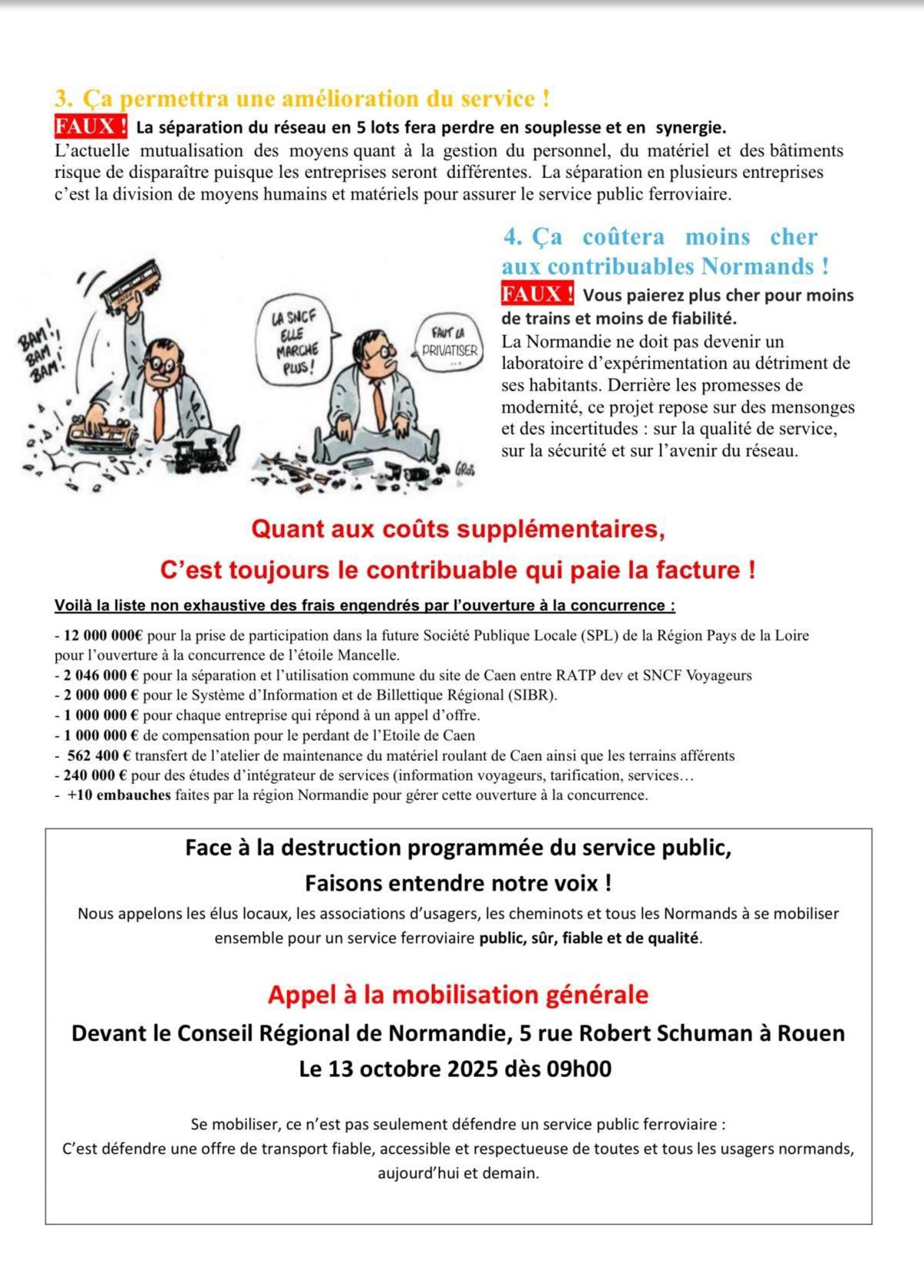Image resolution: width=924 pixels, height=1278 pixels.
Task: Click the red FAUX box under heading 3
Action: click(90, 125)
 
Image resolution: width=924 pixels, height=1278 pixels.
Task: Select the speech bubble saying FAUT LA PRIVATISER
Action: click(450, 343)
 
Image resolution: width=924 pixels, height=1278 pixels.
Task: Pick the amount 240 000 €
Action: click(96, 775)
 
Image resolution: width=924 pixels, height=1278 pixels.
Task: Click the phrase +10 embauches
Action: click(119, 795)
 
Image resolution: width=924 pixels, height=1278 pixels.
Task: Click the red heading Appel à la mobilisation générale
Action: click(458, 995)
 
